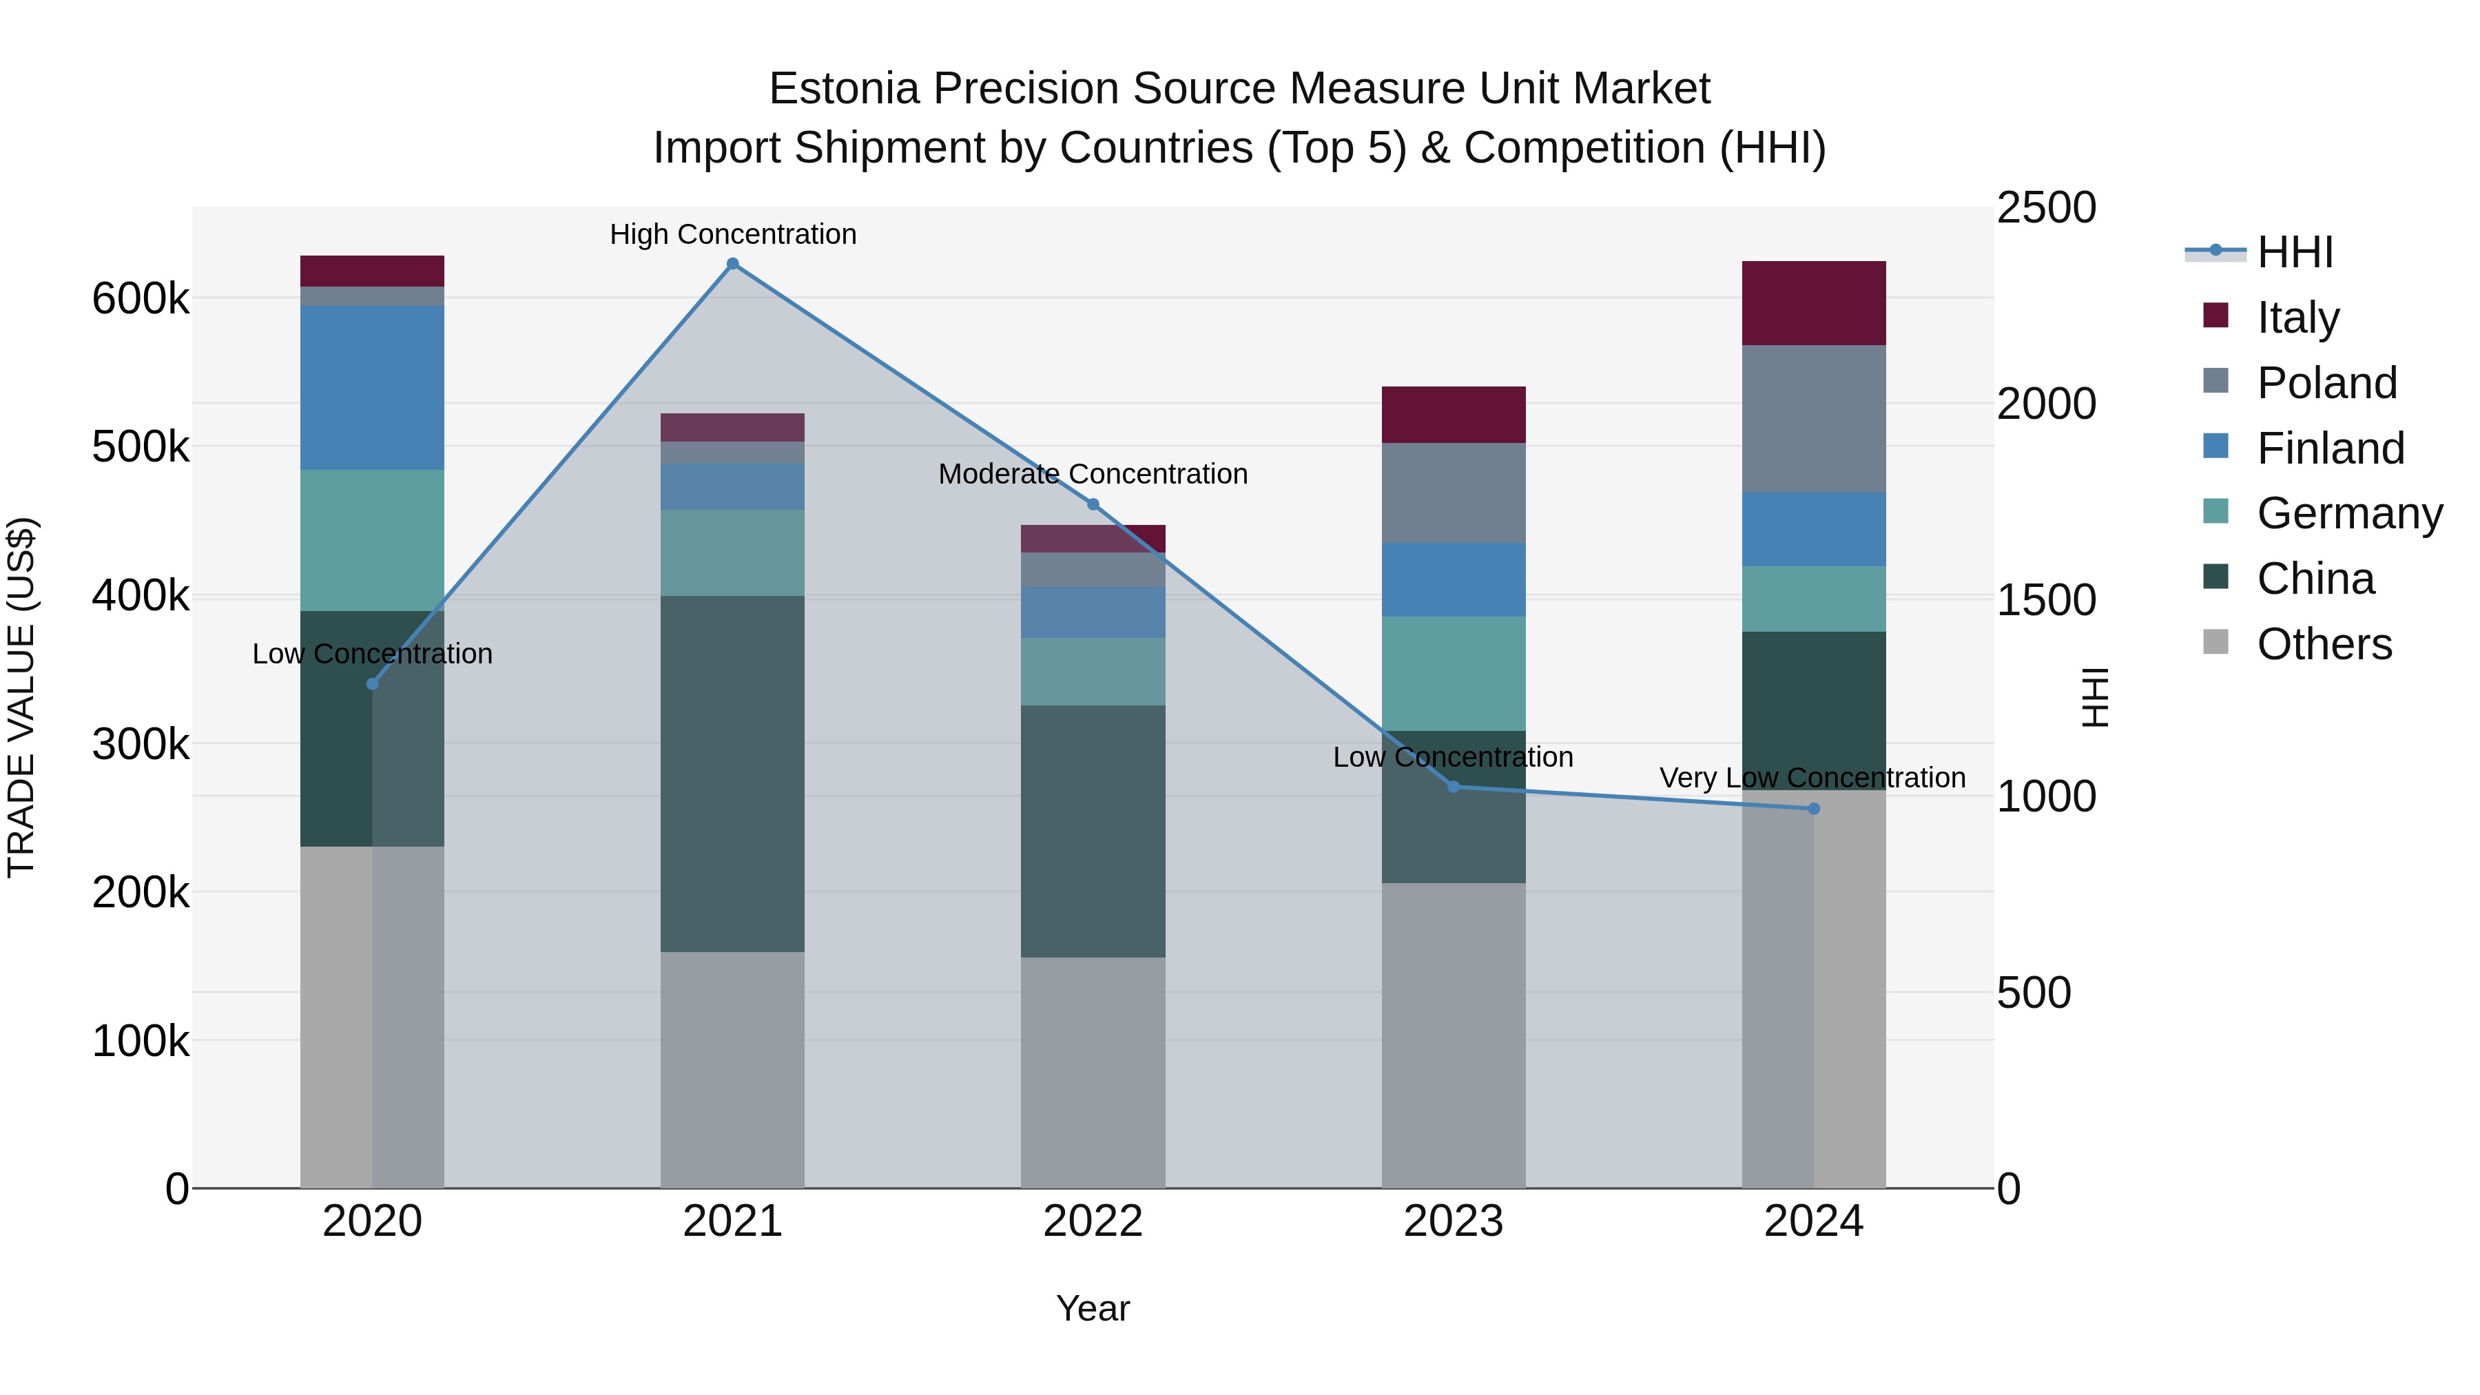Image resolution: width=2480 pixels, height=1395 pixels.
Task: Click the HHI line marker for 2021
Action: point(733,264)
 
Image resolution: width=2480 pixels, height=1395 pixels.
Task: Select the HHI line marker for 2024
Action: point(1814,809)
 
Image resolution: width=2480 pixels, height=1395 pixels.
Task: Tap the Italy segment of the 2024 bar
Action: point(1814,302)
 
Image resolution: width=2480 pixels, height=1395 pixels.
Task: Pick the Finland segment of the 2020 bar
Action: point(373,387)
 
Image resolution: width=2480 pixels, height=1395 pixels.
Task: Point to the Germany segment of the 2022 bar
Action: point(1093,671)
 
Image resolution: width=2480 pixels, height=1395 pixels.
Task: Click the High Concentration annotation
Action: point(733,234)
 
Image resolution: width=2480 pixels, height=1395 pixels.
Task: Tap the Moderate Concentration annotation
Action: point(1093,474)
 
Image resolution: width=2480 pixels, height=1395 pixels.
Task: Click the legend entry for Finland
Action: point(2330,448)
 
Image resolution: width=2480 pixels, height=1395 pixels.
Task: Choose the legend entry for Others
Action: point(2324,644)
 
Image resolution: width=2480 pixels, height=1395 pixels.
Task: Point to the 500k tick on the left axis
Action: point(141,446)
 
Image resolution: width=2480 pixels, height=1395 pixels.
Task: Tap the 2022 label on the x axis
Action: point(1093,1221)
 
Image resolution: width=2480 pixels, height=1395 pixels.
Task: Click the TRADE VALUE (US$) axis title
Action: point(21,697)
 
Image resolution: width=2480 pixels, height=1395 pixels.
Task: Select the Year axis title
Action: point(1093,1308)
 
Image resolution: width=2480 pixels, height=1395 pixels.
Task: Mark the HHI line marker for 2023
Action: point(1454,787)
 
